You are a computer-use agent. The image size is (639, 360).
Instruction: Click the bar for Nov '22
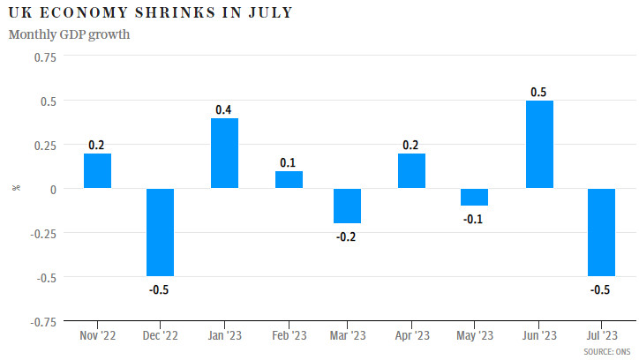(97, 171)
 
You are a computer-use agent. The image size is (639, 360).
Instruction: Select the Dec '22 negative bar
(161, 232)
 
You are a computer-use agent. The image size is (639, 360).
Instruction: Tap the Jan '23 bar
(224, 154)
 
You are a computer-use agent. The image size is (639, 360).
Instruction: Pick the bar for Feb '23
(289, 180)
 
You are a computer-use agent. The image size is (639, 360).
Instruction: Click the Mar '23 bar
(347, 206)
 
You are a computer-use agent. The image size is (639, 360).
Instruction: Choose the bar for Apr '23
(411, 171)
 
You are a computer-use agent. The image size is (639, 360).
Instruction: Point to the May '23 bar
(475, 197)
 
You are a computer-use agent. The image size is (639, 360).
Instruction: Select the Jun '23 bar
(539, 145)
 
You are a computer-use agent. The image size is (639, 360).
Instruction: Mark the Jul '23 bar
(602, 232)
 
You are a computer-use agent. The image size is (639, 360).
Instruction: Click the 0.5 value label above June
(538, 92)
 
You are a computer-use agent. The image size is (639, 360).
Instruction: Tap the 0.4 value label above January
(224, 109)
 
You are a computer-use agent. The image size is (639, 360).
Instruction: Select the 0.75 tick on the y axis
(44, 57)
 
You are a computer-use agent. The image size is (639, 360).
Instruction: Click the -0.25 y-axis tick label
(42, 233)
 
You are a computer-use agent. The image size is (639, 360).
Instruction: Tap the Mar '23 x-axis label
(347, 335)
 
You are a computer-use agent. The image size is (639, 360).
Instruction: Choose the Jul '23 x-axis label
(602, 335)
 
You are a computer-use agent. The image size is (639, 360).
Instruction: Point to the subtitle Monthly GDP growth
(69, 34)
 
